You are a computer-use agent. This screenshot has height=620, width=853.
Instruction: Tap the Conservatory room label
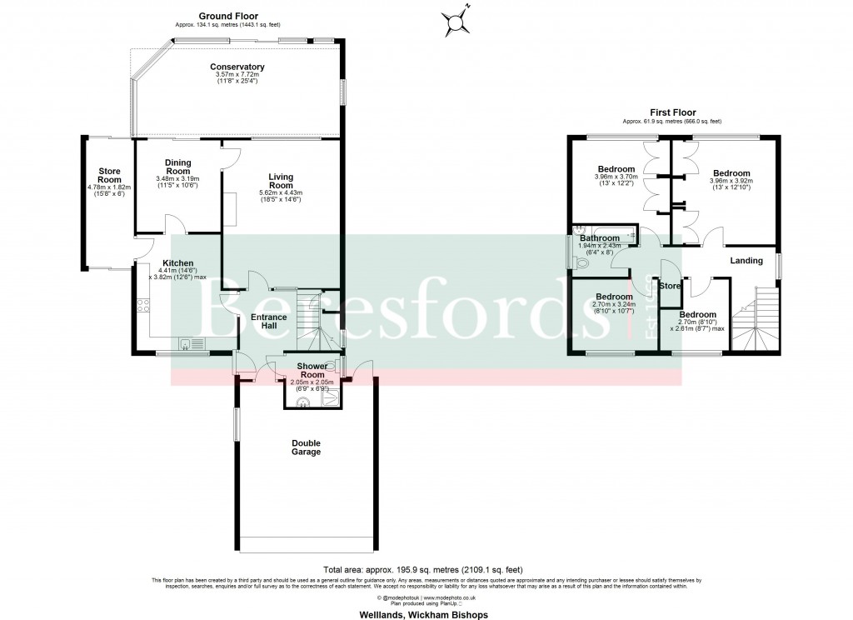237,67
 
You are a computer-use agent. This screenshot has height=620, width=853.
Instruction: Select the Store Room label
109,176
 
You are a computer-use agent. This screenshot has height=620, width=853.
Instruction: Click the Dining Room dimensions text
177,182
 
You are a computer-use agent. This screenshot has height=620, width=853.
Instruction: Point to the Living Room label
281,181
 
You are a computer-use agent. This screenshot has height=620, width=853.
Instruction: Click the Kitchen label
178,263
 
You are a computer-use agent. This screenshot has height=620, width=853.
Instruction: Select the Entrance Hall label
269,322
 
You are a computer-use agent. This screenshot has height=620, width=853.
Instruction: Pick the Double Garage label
306,447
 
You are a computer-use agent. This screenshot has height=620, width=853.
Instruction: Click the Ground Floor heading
227,16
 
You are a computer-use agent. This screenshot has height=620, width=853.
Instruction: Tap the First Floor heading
672,112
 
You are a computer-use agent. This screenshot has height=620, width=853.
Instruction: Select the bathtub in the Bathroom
605,236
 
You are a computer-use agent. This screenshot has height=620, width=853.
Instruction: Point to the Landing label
746,261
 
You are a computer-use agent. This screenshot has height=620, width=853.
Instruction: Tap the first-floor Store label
669,287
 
